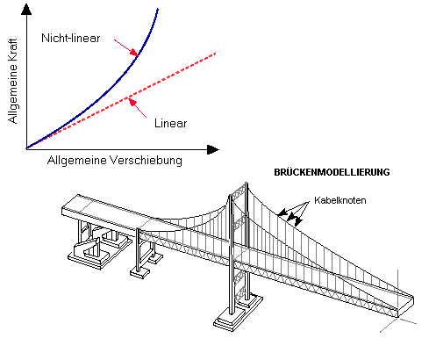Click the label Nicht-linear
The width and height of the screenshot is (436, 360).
71,38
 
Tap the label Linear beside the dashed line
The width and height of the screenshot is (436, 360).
171,123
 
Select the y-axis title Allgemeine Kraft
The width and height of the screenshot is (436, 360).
12,81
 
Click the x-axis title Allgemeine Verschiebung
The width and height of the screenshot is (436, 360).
115,161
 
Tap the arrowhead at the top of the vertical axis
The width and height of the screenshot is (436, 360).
26,10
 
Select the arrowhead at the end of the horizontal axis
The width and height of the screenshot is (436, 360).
213,149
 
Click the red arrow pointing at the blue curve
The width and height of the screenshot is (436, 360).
126,47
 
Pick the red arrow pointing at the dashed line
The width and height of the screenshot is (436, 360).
138,108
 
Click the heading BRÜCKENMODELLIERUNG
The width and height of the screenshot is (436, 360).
332,172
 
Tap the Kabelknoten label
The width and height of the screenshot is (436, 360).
340,200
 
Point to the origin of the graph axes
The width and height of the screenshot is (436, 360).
26,149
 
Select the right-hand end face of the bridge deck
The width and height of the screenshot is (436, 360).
406,306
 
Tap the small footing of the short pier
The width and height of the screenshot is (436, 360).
139,273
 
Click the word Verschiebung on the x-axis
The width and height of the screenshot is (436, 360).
146,161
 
